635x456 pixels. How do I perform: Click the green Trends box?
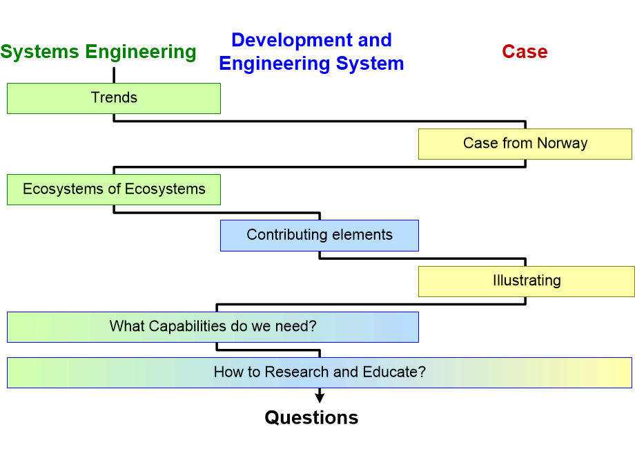[x=114, y=98]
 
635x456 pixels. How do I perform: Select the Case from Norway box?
[x=525, y=144]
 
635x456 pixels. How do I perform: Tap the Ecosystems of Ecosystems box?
[x=114, y=189]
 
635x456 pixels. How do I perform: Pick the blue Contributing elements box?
[x=319, y=235]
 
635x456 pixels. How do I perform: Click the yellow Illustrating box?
[x=526, y=281]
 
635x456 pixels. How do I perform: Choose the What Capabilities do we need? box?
[x=213, y=326]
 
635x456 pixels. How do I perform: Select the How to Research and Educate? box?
[x=319, y=372]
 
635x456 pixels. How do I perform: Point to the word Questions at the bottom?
[x=311, y=418]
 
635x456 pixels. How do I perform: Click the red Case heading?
[x=525, y=52]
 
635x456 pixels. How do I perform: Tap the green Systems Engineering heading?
[x=98, y=52]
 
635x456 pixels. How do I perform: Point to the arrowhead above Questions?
[x=320, y=397]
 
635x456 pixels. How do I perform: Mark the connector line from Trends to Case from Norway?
[x=317, y=121]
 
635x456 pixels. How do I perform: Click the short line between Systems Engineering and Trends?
[x=114, y=75]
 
